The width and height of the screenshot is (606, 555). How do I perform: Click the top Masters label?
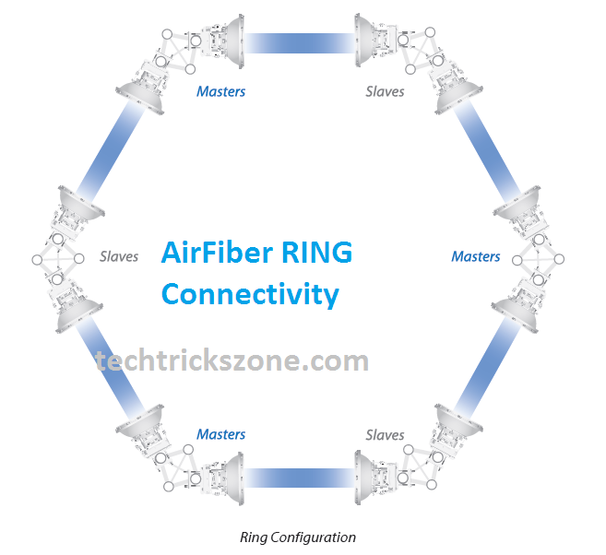coord(220,91)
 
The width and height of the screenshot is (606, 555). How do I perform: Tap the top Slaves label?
coord(385,91)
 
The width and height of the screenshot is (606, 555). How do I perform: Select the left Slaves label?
coord(119,256)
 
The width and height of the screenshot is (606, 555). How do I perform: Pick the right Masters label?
coord(475,256)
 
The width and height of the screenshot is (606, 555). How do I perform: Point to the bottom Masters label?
coord(220,434)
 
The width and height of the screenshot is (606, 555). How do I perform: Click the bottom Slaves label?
coord(385,434)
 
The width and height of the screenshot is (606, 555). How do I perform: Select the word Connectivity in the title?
coord(250,295)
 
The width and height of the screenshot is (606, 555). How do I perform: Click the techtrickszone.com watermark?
coord(232,360)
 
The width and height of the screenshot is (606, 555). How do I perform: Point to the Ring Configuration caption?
coord(297,537)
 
